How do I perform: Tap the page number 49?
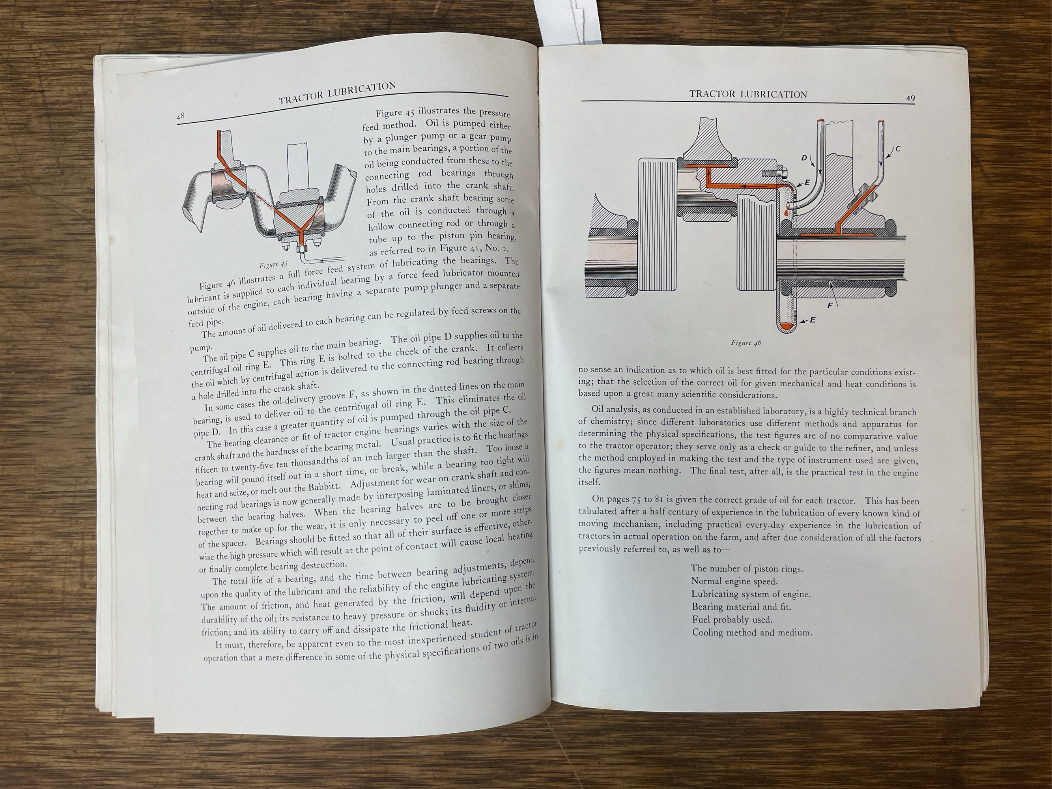click(x=910, y=99)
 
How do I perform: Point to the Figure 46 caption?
click(x=746, y=342)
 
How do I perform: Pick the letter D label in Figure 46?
click(x=804, y=157)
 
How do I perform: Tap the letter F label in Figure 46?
click(x=830, y=306)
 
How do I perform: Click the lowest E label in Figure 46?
click(x=812, y=320)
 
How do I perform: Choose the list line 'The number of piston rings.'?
click(x=747, y=569)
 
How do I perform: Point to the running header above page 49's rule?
click(x=748, y=95)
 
